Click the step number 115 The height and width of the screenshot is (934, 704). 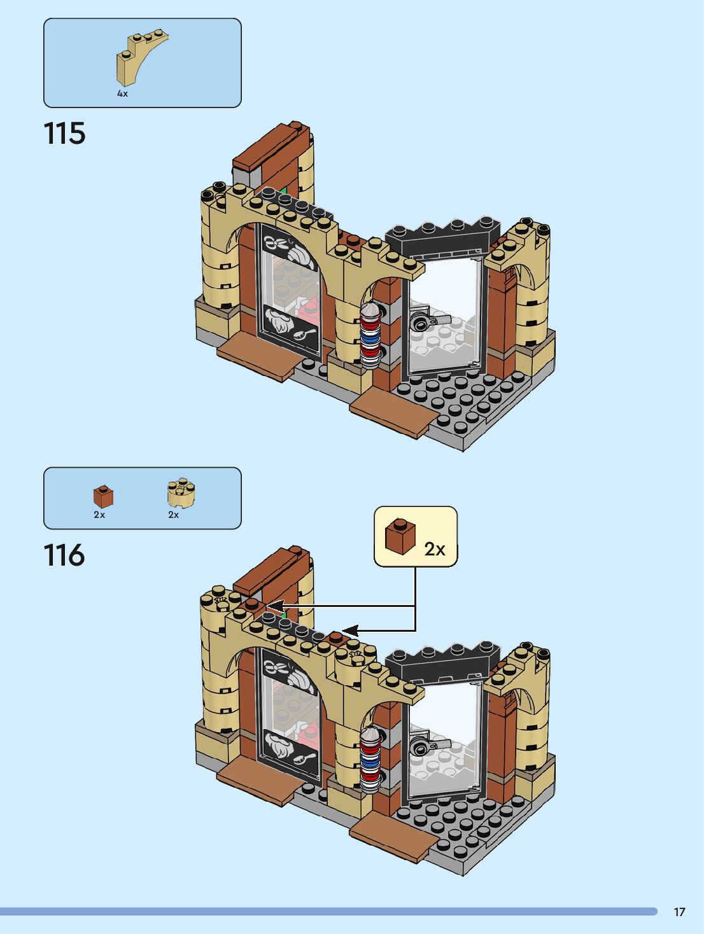[x=64, y=134]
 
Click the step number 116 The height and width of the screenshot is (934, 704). [x=64, y=555]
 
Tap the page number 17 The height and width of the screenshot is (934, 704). [x=679, y=912]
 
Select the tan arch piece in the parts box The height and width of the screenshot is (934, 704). [x=141, y=58]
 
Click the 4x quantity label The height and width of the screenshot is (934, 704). [x=122, y=94]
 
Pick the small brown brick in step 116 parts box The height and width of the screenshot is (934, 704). [x=103, y=496]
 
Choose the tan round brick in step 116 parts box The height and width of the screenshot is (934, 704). [x=181, y=493]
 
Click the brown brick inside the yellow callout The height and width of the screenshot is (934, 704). [x=400, y=536]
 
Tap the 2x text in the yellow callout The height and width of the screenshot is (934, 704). [x=435, y=549]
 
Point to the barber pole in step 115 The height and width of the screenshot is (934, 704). [x=370, y=334]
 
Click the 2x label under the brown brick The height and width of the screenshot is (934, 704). [x=99, y=515]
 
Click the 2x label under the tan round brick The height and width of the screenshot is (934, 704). [x=174, y=515]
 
